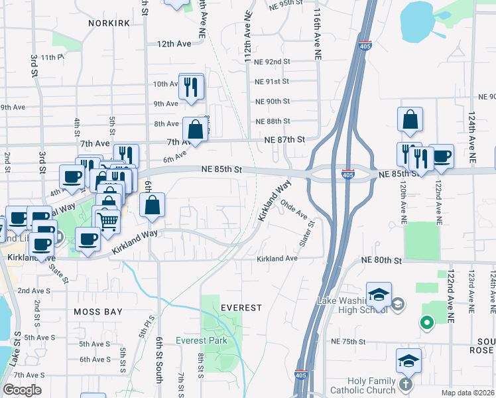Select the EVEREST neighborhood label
[241, 308]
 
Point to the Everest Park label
[202, 340]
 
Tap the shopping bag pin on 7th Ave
[196, 130]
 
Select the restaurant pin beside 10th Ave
[191, 87]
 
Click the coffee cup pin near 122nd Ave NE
[441, 157]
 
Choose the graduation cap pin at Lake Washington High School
[379, 295]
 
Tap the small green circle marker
[426, 323]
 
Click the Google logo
[23, 390]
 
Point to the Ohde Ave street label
[294, 209]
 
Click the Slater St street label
[306, 235]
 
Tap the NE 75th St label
[348, 341]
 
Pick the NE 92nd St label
[273, 62]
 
